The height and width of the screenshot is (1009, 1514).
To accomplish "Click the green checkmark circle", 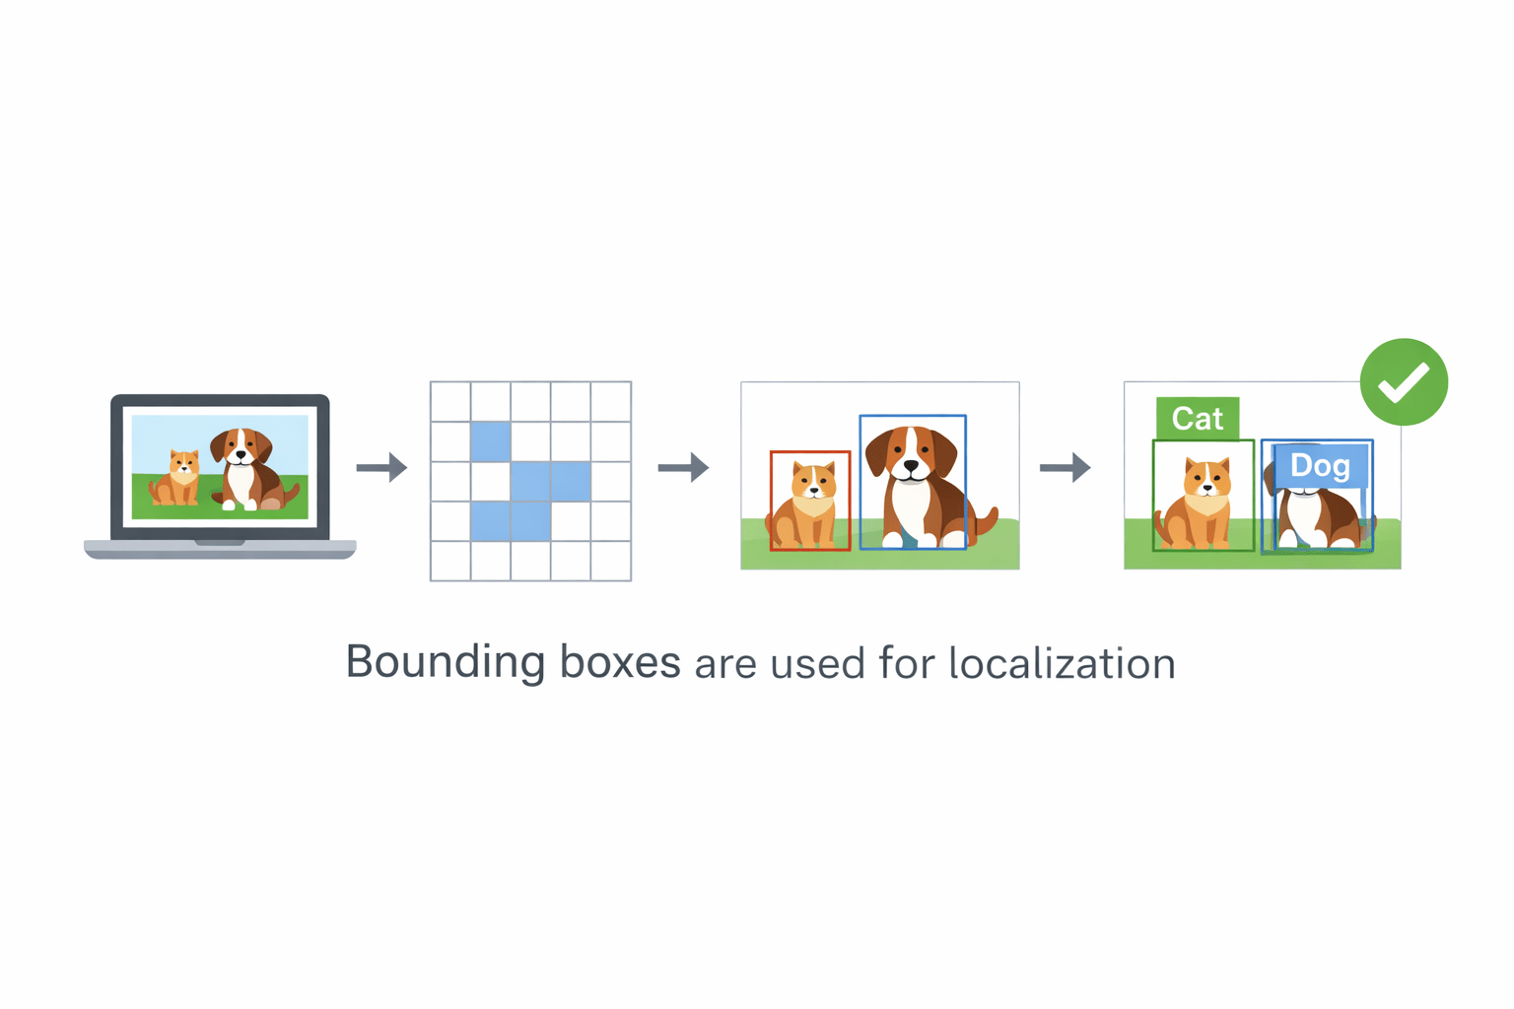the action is pyautogui.click(x=1404, y=382).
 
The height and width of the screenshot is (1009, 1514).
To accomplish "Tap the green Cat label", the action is pyautogui.click(x=1197, y=419).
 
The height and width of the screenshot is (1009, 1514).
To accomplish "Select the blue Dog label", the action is pyautogui.click(x=1320, y=466).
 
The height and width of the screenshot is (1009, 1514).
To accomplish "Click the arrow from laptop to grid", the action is pyautogui.click(x=381, y=467).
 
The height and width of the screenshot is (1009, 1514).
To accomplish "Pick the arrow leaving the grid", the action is pyautogui.click(x=683, y=467).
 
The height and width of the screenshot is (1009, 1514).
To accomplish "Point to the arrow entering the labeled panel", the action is pyautogui.click(x=1065, y=467).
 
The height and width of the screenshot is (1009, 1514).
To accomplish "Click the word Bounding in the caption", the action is pyautogui.click(x=445, y=662).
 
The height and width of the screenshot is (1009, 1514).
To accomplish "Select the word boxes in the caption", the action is pyautogui.click(x=620, y=662).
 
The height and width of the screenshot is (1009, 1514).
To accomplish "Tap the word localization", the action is pyautogui.click(x=1062, y=663).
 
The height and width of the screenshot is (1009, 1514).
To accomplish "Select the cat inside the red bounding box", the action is pyautogui.click(x=808, y=503).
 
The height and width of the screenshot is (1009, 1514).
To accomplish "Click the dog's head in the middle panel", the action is pyautogui.click(x=911, y=454).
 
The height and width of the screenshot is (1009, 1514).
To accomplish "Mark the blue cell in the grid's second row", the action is pyautogui.click(x=491, y=441).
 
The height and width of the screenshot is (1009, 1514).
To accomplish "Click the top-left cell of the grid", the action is pyautogui.click(x=450, y=401).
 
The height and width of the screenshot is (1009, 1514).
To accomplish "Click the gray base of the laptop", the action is pyautogui.click(x=220, y=550).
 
